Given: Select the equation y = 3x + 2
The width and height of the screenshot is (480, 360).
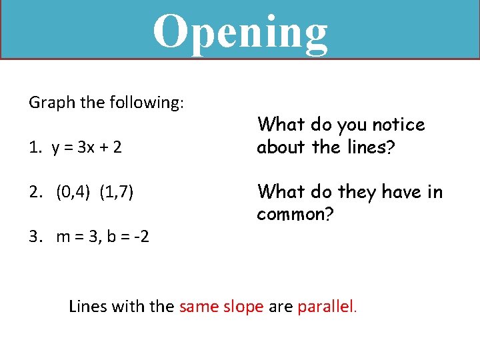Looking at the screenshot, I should coord(85,147).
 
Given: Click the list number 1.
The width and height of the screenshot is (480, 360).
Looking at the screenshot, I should coord(33,147).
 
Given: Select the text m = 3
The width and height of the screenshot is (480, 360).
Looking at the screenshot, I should coord(79,236).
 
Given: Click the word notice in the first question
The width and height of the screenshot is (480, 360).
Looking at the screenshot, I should coord(398,125).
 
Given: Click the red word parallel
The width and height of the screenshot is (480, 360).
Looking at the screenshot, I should coord(328,307).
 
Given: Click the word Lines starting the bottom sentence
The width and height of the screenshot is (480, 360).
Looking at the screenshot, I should coord(86,307).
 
